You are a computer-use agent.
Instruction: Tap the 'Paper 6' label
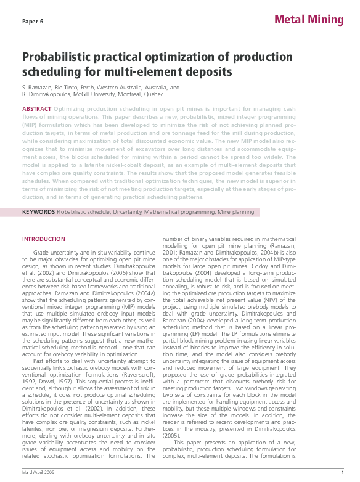(33, 21)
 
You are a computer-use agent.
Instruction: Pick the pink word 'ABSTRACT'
(36, 108)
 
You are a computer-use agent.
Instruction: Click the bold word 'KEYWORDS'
(38, 212)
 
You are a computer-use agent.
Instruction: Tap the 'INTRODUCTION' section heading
(43, 239)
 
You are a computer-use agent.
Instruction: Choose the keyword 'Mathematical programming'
(183, 212)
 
